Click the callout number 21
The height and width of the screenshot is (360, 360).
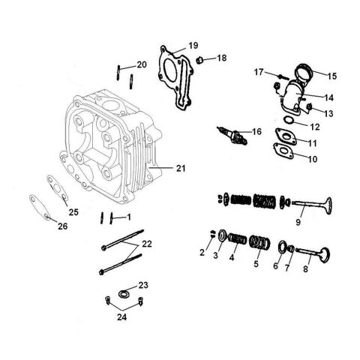click(x=181, y=168)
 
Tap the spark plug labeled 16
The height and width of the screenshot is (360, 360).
click(x=232, y=136)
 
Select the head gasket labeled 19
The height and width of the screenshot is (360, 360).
click(x=175, y=77)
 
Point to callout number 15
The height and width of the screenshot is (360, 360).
click(x=332, y=76)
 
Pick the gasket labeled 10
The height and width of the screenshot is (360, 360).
click(x=283, y=151)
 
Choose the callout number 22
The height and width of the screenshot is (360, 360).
click(x=147, y=244)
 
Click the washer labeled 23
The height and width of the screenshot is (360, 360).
click(x=124, y=293)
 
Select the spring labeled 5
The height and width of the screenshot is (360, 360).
click(x=259, y=242)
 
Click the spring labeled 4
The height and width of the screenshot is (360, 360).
click(x=238, y=239)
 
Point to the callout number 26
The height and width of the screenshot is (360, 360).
click(x=63, y=226)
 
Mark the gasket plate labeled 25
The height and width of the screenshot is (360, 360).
click(x=58, y=187)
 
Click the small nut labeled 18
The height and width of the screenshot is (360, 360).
click(x=199, y=60)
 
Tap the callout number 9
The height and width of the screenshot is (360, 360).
click(x=298, y=222)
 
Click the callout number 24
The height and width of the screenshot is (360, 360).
click(x=122, y=317)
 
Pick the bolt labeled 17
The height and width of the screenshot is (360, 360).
click(x=283, y=76)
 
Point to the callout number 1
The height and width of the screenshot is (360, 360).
click(x=129, y=217)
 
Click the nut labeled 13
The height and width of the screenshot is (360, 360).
click(x=310, y=107)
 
